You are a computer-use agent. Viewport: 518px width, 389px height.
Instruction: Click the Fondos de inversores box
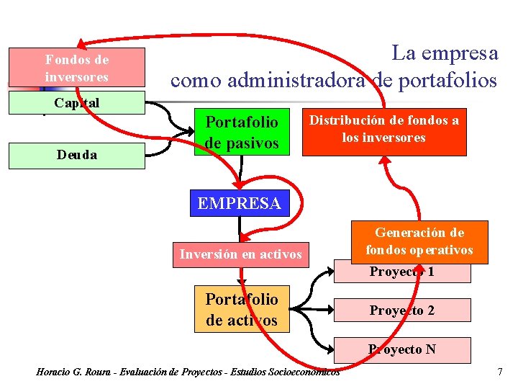pyautogui.click(x=76, y=68)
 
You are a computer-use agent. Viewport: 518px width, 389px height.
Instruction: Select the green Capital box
pyautogui.click(x=76, y=104)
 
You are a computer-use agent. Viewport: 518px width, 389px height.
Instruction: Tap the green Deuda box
pyautogui.click(x=76, y=155)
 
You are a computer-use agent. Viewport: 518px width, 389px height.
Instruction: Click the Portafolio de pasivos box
pyautogui.click(x=242, y=131)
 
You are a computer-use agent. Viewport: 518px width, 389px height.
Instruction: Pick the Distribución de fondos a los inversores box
pyautogui.click(x=384, y=131)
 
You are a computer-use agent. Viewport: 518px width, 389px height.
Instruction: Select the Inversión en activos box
pyautogui.click(x=240, y=254)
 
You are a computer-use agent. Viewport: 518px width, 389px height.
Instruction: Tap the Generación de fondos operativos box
pyautogui.click(x=419, y=241)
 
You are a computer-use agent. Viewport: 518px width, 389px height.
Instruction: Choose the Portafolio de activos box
pyautogui.click(x=242, y=310)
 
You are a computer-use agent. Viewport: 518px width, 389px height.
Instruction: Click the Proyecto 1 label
pyautogui.click(x=402, y=272)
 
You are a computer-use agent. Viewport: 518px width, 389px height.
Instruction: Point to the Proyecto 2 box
pyautogui.click(x=402, y=310)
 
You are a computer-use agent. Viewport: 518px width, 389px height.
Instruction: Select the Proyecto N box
pyautogui.click(x=402, y=349)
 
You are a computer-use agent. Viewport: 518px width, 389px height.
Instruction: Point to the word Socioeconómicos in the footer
pyautogui.click(x=303, y=372)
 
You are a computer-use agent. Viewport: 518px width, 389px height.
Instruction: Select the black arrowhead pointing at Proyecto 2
pyautogui.click(x=334, y=310)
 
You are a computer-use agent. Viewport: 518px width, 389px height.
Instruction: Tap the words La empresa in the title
pyautogui.click(x=444, y=53)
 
